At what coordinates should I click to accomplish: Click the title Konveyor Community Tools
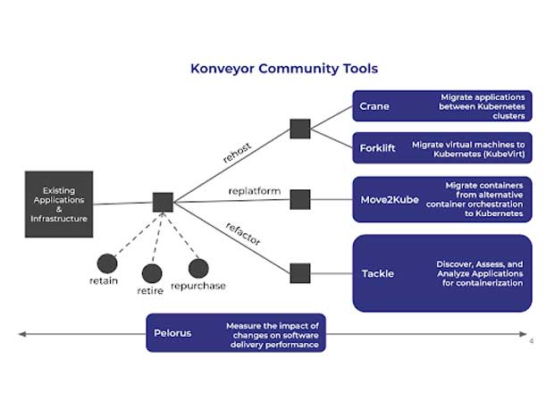tap(283, 69)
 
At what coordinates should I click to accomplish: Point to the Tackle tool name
tap(378, 272)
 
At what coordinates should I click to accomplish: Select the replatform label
tap(255, 191)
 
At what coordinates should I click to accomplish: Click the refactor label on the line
tap(244, 234)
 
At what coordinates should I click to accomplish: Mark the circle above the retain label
tap(107, 263)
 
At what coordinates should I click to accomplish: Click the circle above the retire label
tap(152, 273)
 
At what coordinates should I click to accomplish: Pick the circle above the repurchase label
tap(198, 268)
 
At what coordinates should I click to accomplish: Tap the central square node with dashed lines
tap(163, 202)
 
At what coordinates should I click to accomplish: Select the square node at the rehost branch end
tap(300, 129)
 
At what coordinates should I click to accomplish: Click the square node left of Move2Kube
tap(300, 198)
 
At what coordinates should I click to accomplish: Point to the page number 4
tap(531, 341)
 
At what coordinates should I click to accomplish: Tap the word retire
tap(150, 290)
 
